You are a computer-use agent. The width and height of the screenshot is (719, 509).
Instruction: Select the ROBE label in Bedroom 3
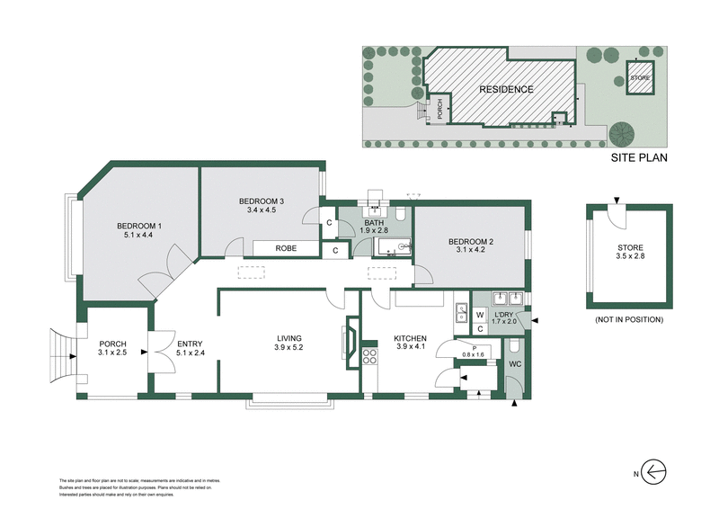286,247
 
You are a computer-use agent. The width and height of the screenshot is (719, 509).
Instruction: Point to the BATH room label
375,221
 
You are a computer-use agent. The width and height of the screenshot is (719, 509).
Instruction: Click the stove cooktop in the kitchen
368,357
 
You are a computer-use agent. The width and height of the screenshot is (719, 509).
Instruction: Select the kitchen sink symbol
462,313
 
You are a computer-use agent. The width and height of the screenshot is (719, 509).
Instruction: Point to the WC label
515,363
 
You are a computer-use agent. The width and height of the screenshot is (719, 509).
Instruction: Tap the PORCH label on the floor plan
113,344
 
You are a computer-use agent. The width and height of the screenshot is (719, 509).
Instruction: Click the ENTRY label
190,344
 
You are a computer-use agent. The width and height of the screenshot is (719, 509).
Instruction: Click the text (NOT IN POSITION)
629,319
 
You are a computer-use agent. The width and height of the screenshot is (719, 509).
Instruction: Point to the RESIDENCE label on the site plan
505,89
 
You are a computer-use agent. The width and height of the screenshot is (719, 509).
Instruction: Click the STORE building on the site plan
639,77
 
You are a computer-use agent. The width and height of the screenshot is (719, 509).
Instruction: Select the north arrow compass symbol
655,470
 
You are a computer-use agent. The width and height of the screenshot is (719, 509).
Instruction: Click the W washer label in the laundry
480,314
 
